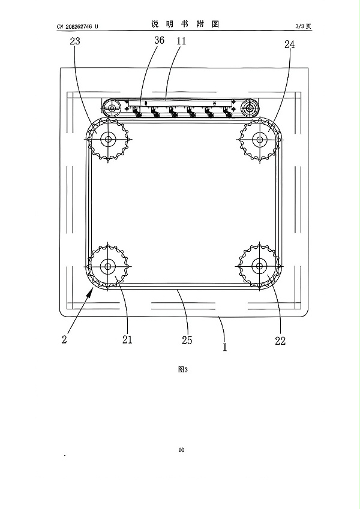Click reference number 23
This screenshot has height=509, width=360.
click(x=75, y=41)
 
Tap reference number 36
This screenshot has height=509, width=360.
click(x=159, y=40)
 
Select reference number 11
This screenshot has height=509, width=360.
click(x=181, y=41)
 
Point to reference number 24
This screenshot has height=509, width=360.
click(x=289, y=44)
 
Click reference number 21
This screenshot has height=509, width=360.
click(x=127, y=339)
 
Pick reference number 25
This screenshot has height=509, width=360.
click(x=187, y=340)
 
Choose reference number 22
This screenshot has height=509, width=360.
click(x=280, y=341)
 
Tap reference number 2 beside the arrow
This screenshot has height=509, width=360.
click(x=64, y=339)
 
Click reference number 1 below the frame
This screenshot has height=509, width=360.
click(x=225, y=347)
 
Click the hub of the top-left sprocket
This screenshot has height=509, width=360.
click(x=108, y=140)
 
